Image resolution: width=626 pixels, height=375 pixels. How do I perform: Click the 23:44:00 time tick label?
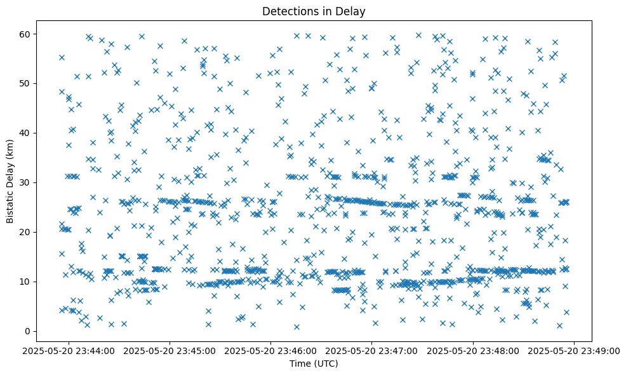pos(69,350)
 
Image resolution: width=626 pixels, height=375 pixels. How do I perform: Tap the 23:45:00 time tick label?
pos(170,350)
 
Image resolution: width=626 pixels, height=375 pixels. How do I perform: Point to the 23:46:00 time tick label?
pos(271,350)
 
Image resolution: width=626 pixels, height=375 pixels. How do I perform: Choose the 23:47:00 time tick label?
pos(372,350)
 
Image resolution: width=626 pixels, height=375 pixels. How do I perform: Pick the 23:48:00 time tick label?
pos(473,350)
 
